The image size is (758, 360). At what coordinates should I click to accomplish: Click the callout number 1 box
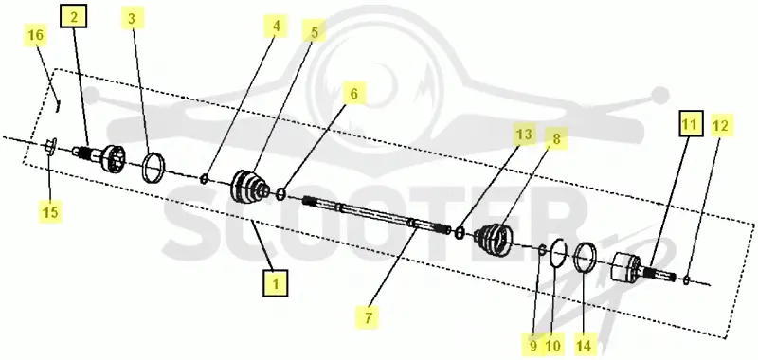[276, 283]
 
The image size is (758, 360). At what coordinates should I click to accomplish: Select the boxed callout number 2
[74, 17]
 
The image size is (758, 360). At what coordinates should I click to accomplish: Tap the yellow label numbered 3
[132, 19]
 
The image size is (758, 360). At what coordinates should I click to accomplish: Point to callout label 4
[276, 27]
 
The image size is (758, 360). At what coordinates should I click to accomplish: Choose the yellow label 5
[315, 32]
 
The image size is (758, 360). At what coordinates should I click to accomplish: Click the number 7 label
[369, 318]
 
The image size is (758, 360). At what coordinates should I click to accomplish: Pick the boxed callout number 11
[690, 124]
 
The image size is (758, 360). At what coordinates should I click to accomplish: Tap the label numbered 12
[720, 126]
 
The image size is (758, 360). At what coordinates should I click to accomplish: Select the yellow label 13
[526, 135]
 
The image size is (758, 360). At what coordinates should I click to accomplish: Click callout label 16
[36, 35]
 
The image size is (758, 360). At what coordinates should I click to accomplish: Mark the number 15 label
[51, 211]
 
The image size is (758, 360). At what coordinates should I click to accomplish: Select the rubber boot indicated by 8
[494, 239]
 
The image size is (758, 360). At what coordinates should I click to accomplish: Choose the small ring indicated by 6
[280, 195]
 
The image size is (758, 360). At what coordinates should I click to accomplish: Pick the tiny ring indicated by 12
[687, 279]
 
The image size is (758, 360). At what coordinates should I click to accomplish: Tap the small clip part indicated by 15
[51, 146]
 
